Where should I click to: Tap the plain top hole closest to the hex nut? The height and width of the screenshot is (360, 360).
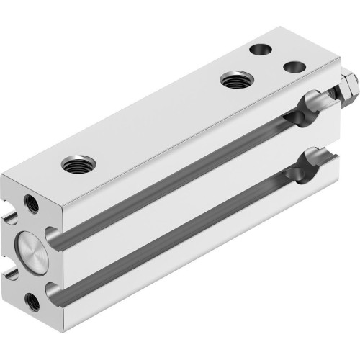tap(294, 66)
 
